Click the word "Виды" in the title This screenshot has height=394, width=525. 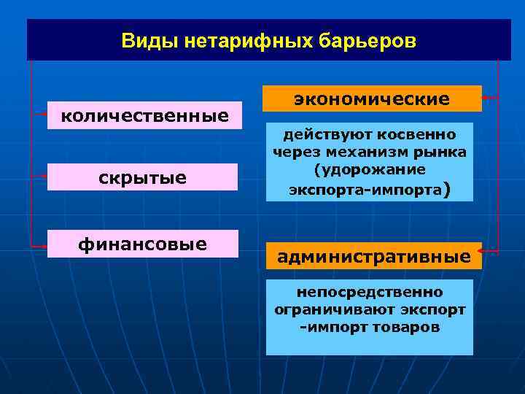[144, 41]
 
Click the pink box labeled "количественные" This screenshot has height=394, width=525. [144, 115]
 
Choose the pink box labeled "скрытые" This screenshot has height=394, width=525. [144, 177]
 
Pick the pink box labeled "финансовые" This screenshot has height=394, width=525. [144, 243]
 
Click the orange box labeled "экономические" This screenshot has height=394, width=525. [372, 98]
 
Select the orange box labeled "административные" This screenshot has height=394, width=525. [373, 256]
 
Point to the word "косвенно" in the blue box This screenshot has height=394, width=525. [421, 135]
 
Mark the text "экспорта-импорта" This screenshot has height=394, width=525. [365, 190]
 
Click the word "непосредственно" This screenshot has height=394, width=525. [369, 292]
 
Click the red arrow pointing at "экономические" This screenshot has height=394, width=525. [490, 97]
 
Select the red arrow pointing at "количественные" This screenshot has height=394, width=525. [39, 115]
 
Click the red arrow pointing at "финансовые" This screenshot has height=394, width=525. [39, 246]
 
